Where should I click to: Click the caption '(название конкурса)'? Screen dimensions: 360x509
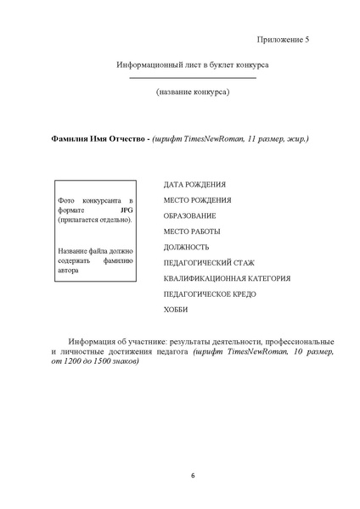[x=192, y=91]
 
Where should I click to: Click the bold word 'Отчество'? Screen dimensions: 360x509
[x=123, y=137]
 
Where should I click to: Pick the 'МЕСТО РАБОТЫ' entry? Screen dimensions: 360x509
[x=192, y=231]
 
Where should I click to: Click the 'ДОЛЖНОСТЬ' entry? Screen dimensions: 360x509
[x=185, y=247]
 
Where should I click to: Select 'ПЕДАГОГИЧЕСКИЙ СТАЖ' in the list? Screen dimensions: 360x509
[x=208, y=263]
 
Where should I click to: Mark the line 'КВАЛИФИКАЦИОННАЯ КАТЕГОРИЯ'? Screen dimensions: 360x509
[x=227, y=278]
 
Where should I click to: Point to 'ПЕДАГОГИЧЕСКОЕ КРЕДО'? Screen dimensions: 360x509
[x=209, y=294]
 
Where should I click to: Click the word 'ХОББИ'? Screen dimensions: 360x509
[x=176, y=310]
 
